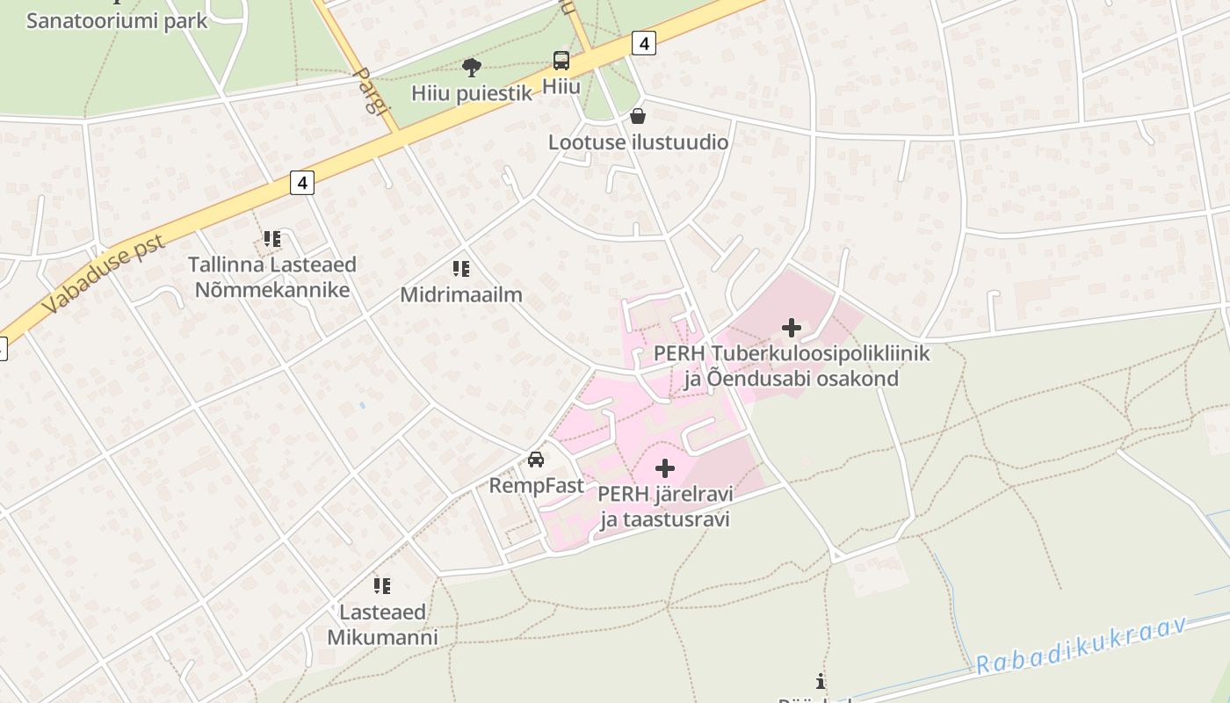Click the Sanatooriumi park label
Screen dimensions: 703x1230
[x=117, y=20]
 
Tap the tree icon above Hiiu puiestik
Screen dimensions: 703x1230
[x=472, y=67]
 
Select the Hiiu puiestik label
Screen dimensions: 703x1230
[x=472, y=93]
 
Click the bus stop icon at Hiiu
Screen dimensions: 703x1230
[x=561, y=61]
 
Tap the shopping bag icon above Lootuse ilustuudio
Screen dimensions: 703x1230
[x=638, y=116]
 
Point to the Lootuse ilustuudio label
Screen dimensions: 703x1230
[x=638, y=141]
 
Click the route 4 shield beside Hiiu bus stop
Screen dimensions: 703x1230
[x=644, y=42]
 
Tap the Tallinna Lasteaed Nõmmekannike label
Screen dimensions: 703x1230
[x=272, y=277]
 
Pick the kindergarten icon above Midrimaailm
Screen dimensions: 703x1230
[x=460, y=269]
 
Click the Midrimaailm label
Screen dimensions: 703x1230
[x=461, y=295]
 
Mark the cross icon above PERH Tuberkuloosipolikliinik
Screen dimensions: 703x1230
[x=791, y=329]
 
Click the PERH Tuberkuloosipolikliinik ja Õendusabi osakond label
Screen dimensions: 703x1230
[x=791, y=366]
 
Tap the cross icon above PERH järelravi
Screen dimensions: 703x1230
[x=665, y=467]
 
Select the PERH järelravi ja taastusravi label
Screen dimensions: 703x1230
[x=665, y=505]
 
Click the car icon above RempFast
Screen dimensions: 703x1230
[x=536, y=459]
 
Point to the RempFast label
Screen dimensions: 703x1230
[x=536, y=485]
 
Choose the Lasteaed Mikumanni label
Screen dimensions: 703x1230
[x=382, y=624]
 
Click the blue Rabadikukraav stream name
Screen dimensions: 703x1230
[x=1081, y=646]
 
